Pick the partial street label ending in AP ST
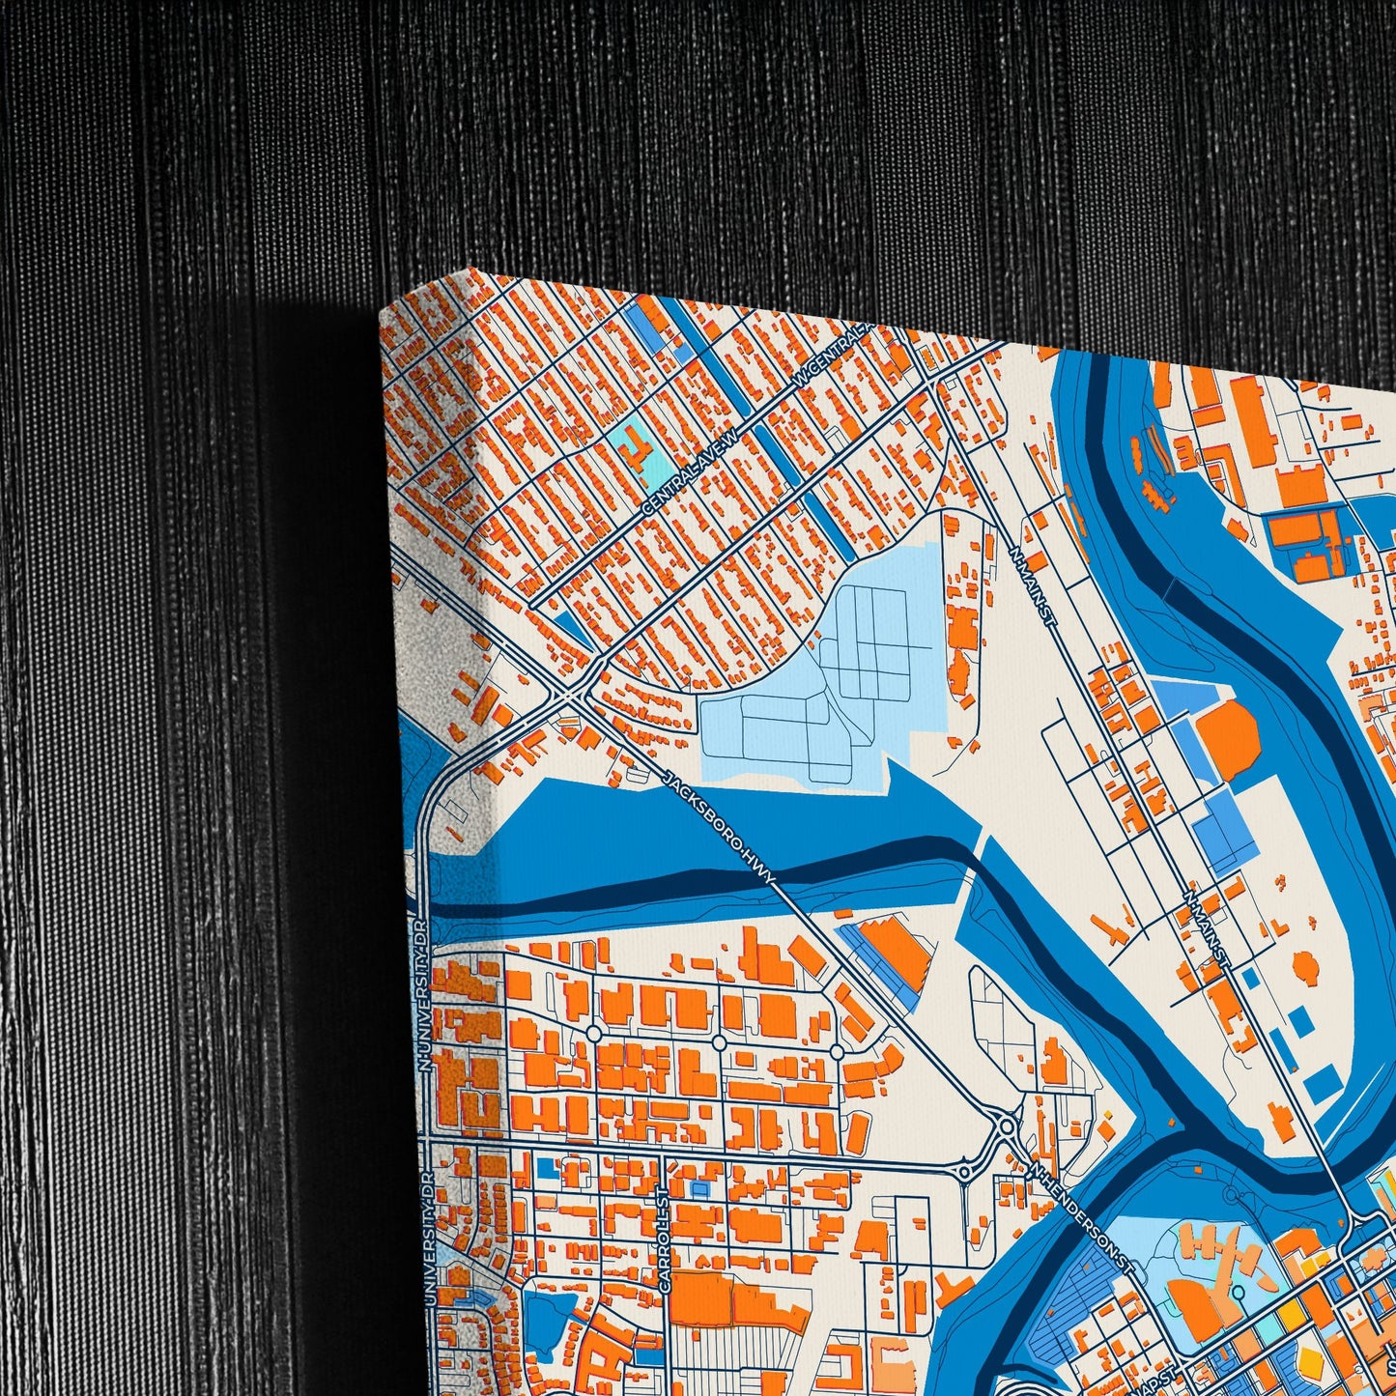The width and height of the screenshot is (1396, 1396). (x=1158, y=1377)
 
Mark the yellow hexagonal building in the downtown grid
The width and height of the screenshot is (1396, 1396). (x=1309, y=1362)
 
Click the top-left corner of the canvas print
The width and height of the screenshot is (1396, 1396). (x=382, y=310)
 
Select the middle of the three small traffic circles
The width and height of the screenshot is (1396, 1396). (x=719, y=1043)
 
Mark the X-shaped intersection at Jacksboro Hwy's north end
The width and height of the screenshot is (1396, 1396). (x=571, y=693)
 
